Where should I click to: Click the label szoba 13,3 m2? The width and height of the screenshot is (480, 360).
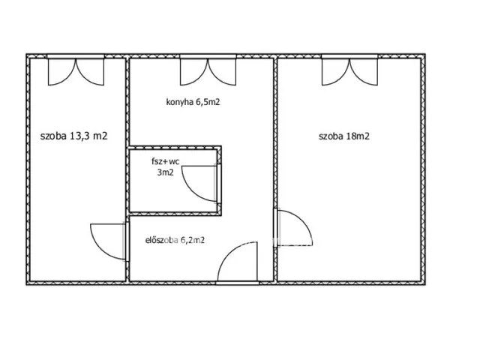(x=73, y=136)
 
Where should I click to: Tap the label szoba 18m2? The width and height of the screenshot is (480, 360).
(x=344, y=136)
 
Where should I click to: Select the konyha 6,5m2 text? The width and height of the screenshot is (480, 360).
(x=193, y=102)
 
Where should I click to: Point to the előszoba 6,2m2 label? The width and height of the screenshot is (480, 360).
(x=175, y=240)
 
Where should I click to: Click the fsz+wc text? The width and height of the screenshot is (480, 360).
(x=165, y=161)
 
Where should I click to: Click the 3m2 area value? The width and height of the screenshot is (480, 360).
(x=165, y=172)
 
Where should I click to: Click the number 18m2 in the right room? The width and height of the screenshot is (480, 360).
(x=358, y=136)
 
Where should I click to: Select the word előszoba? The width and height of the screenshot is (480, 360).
(x=162, y=240)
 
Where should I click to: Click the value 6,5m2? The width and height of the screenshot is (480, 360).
(x=208, y=102)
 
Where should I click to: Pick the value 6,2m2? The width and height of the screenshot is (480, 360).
(x=193, y=240)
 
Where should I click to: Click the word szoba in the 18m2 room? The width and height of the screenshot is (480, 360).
(x=331, y=136)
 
